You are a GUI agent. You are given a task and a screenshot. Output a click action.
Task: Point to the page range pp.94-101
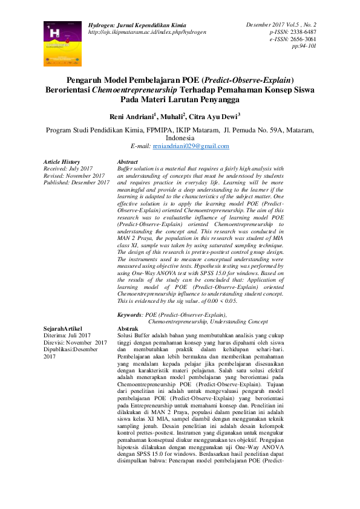point(304,45)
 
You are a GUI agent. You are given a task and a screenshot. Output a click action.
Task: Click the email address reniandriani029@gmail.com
point(190,146)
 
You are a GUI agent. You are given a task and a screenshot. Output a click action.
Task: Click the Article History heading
point(62,162)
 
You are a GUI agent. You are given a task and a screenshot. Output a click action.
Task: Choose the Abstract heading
point(128,162)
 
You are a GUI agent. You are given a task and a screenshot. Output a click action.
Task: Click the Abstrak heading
point(128,328)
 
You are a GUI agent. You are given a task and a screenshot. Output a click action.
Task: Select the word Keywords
point(129,315)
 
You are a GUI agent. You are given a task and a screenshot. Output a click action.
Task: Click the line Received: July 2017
point(68,169)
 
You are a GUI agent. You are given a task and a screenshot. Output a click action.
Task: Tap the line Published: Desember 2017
point(76,182)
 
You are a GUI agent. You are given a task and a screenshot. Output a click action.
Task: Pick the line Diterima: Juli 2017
point(67,335)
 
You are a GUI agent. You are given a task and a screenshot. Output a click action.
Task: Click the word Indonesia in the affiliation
point(180,138)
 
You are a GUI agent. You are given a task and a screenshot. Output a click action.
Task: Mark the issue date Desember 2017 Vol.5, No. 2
point(281,25)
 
